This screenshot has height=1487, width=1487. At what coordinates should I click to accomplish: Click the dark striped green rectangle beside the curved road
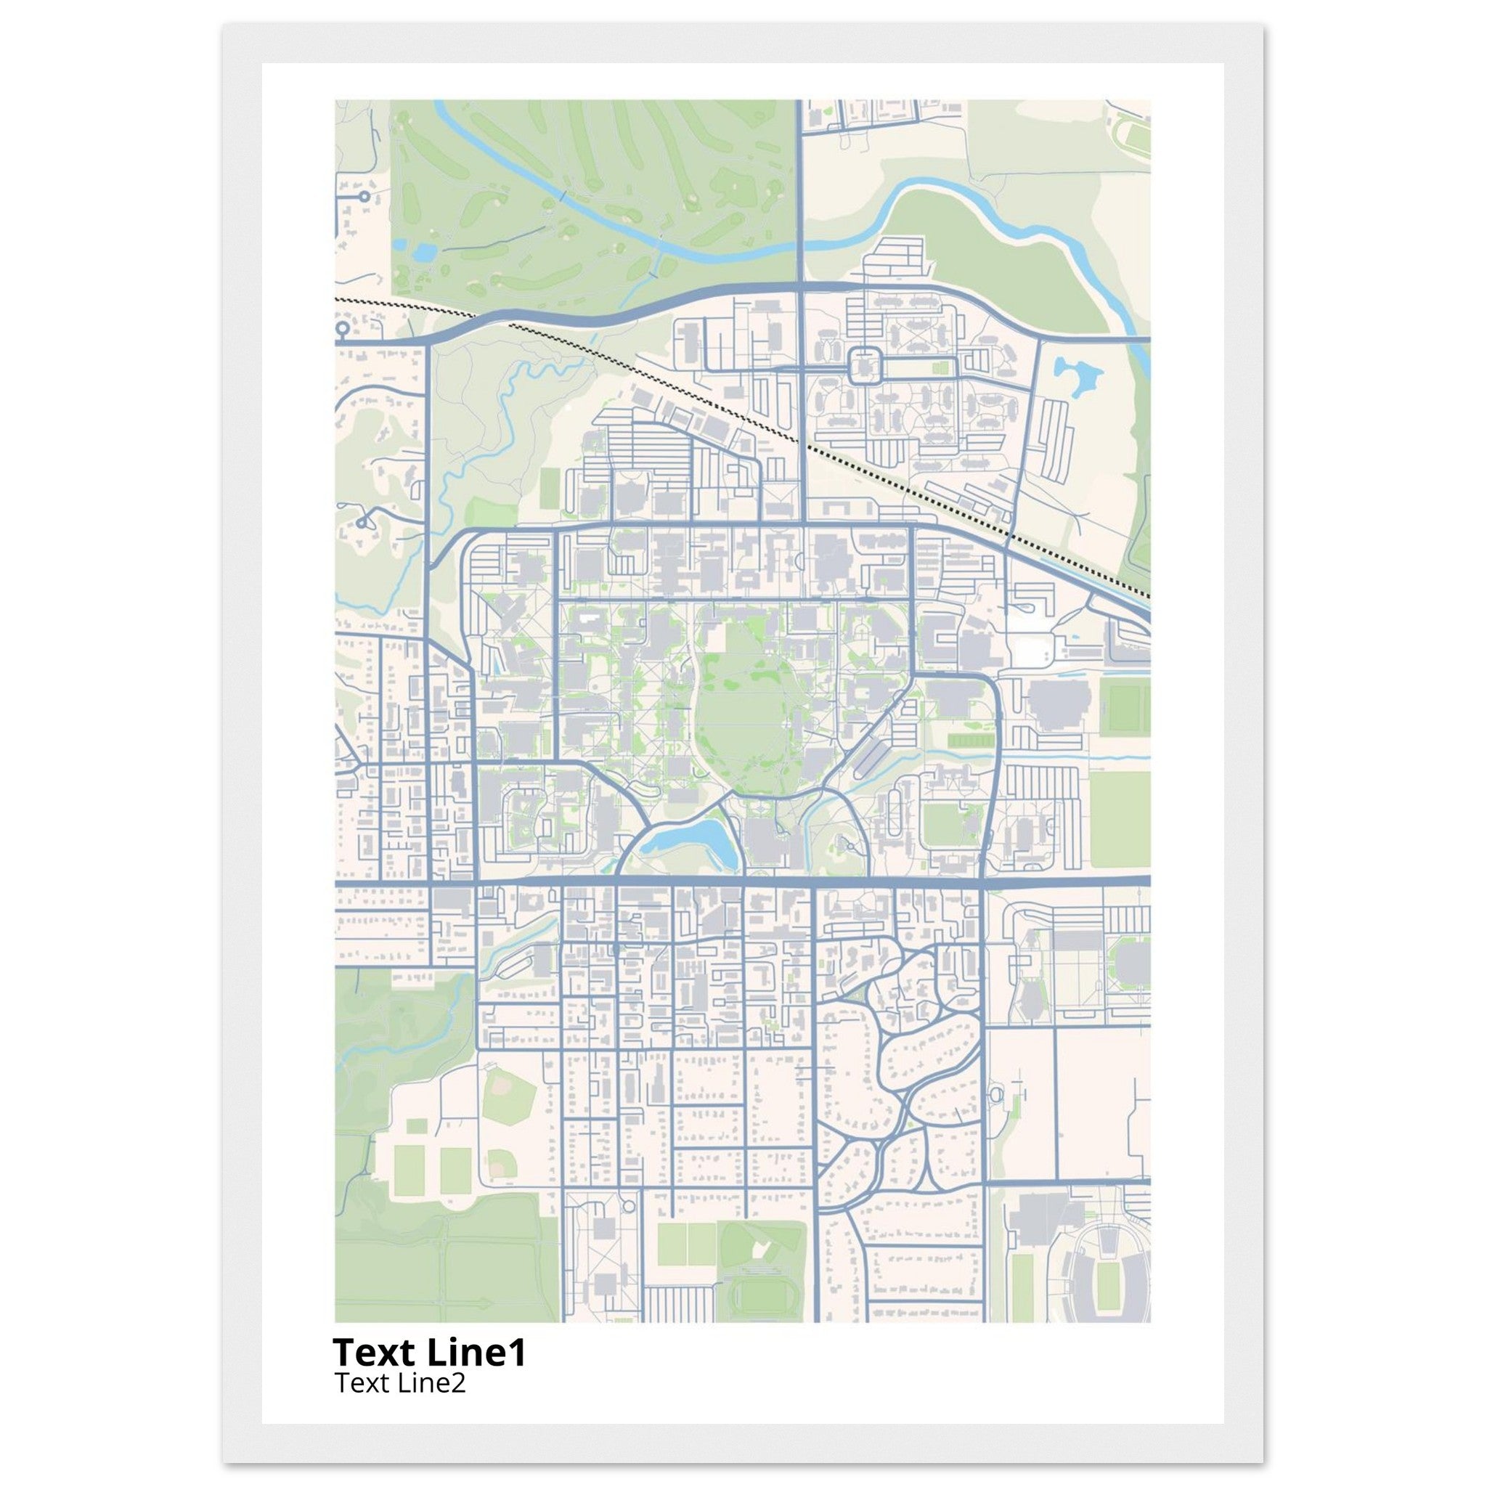(x=971, y=741)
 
